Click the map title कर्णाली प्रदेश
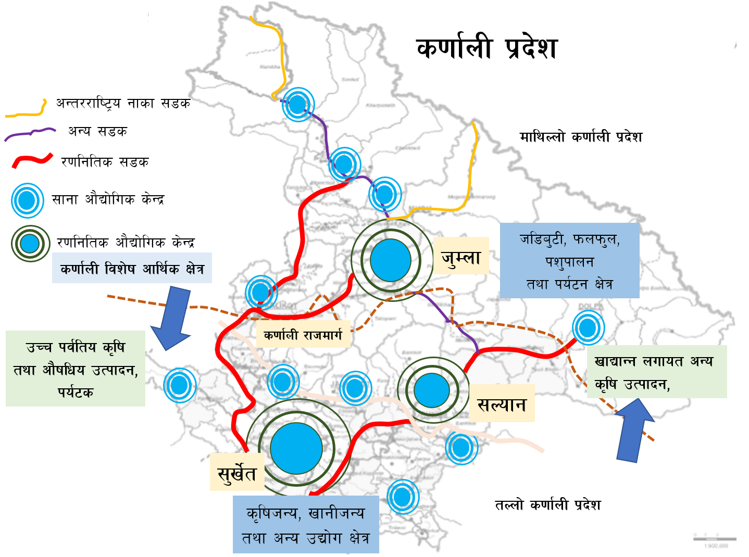(487, 48)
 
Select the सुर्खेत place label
(237, 472)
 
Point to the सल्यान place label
(502, 403)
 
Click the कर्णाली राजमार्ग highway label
(303, 335)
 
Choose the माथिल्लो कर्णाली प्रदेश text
(581, 137)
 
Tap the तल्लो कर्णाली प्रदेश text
(547, 504)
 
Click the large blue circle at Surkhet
(296, 448)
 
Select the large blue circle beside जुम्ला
(391, 260)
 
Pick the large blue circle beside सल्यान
(432, 390)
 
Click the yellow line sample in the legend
(26, 108)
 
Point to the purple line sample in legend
(30, 134)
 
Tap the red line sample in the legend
(32, 161)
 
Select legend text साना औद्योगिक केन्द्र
(108, 199)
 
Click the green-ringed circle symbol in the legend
(30, 243)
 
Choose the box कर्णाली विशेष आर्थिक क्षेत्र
(132, 268)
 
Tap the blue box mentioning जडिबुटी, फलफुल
(569, 261)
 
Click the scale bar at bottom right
(715, 539)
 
